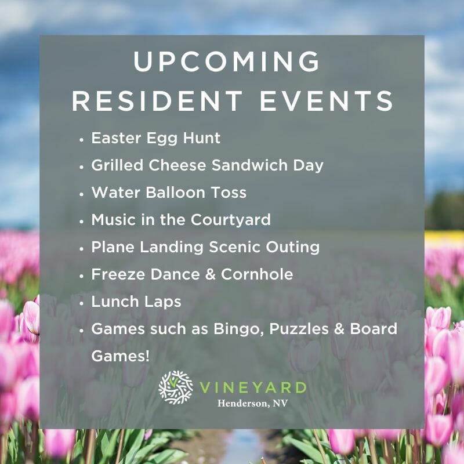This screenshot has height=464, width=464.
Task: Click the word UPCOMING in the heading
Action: tap(227, 61)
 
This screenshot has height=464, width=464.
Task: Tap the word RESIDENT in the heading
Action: tap(157, 100)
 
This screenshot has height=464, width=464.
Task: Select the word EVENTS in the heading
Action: tap(327, 100)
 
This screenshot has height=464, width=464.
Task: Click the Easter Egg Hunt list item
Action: tap(155, 139)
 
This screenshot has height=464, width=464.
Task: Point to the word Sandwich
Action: tap(249, 165)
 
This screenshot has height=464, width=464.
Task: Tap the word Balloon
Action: tap(176, 193)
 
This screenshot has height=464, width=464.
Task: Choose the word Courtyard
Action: tap(230, 220)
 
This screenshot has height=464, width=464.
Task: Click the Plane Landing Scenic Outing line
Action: tap(205, 248)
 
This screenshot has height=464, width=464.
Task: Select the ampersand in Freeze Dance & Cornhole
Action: tap(210, 274)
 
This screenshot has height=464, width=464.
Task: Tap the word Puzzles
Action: tap(299, 329)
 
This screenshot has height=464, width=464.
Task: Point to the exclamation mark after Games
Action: tap(147, 356)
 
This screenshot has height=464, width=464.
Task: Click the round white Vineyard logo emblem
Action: tap(176, 387)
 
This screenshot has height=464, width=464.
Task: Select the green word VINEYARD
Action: tap(253, 387)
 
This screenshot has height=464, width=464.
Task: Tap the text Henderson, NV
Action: tap(252, 403)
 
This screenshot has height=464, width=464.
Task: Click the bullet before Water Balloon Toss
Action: tap(82, 194)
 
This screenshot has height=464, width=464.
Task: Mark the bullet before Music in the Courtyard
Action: tap(82, 221)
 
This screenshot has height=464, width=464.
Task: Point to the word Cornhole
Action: tap(257, 274)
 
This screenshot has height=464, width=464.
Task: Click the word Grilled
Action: tap(117, 165)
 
